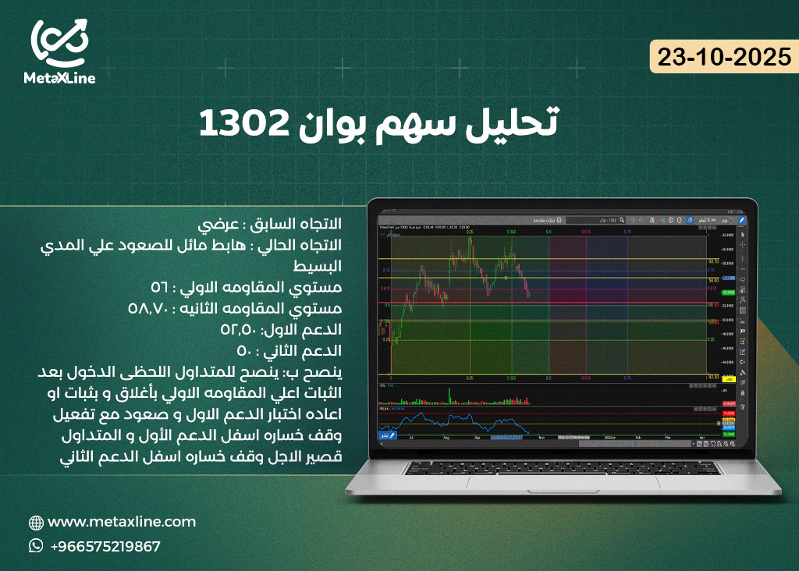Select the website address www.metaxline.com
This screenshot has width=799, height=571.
122,522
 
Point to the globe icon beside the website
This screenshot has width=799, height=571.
36,523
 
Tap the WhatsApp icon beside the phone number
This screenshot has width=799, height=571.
36,546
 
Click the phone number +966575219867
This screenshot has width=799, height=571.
105,546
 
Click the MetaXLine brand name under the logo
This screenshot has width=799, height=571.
60,78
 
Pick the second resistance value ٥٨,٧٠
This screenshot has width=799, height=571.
151,308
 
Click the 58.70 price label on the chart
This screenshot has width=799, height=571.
712,261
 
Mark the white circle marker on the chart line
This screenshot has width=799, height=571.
506,277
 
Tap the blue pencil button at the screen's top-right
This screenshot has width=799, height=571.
741,221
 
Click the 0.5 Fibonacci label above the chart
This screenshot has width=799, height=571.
549,232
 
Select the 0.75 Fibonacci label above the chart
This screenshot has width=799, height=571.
627,232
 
